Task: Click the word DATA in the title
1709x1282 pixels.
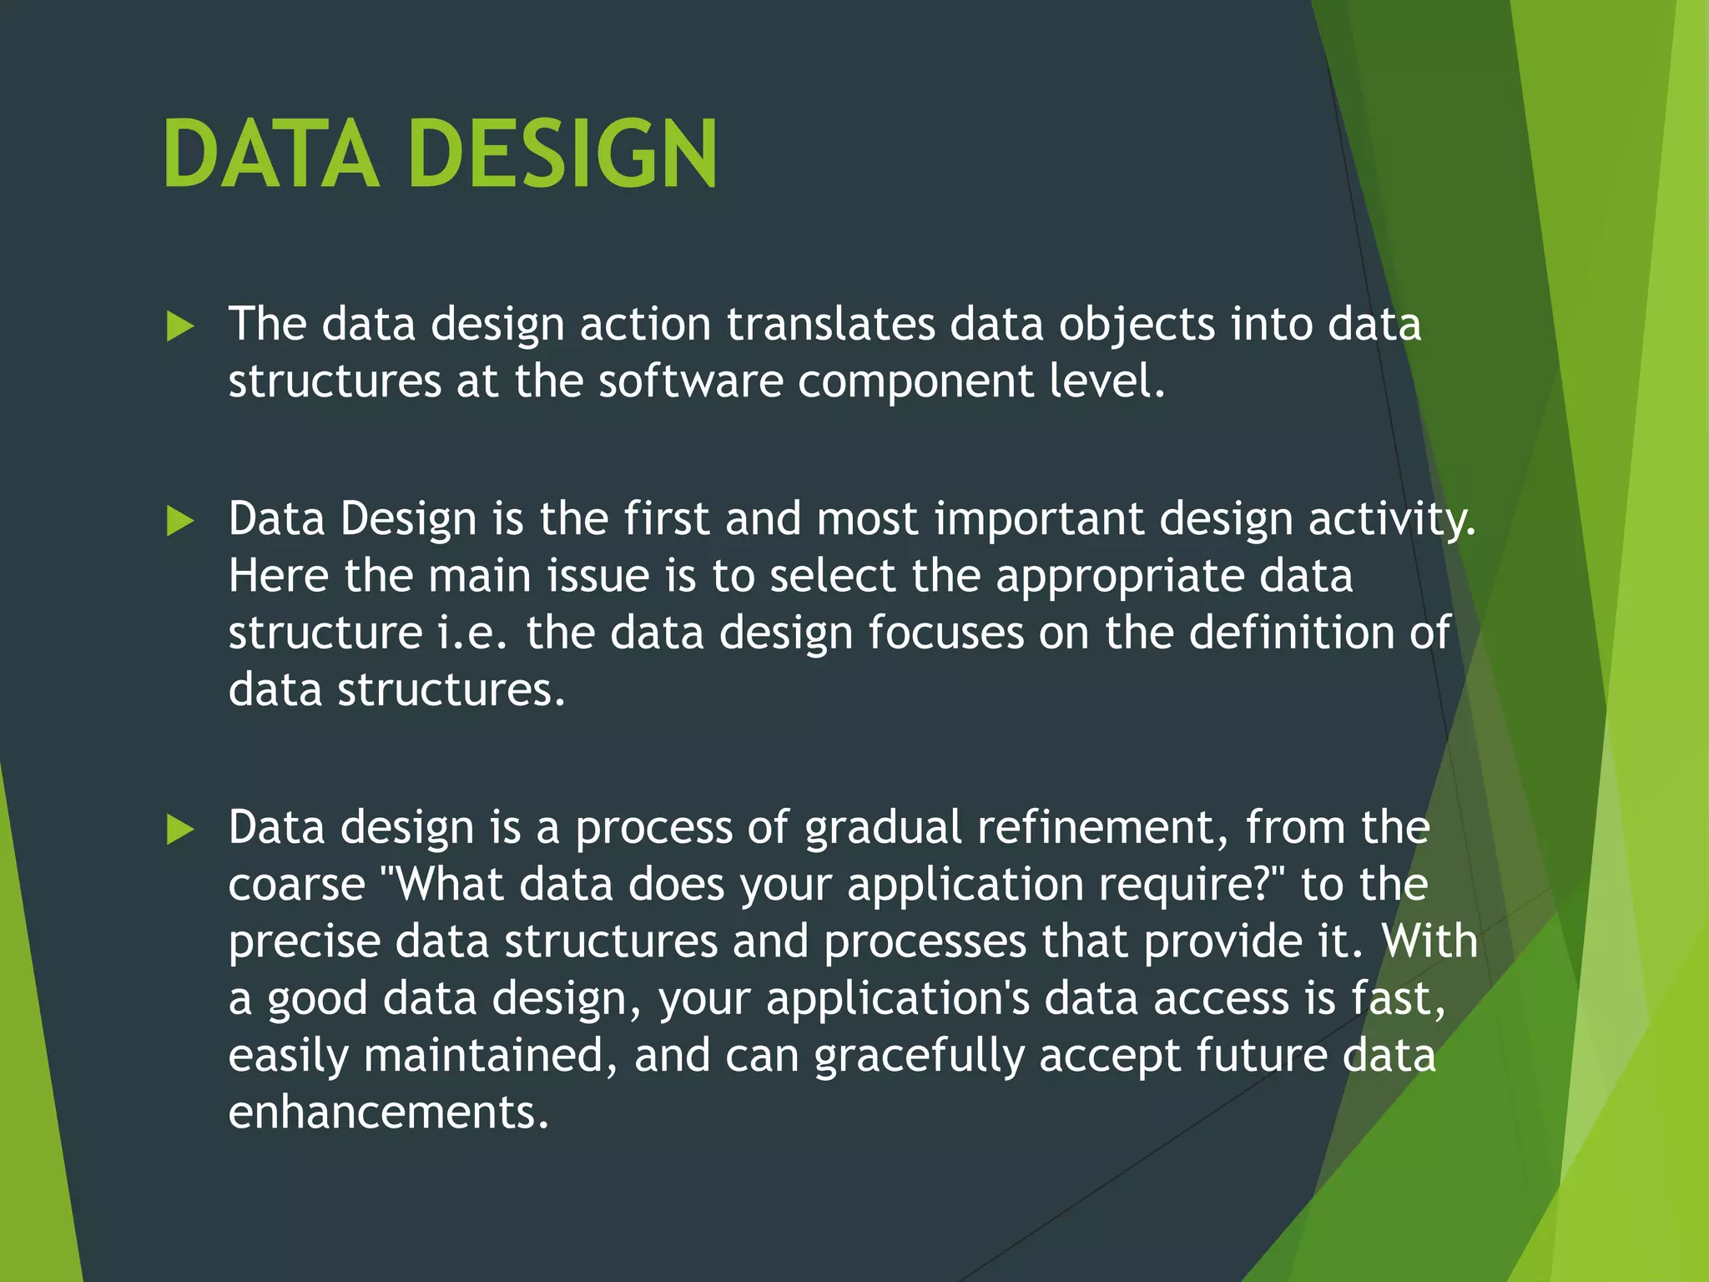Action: pos(272,154)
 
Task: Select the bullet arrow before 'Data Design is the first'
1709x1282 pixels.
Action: pos(179,522)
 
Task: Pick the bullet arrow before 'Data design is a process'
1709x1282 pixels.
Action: pos(179,830)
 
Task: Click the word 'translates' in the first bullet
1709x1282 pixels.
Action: pos(830,324)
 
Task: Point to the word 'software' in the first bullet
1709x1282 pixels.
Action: pos(691,381)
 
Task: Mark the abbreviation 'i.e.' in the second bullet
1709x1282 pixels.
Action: pos(472,633)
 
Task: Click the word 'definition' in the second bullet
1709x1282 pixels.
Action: pos(1292,633)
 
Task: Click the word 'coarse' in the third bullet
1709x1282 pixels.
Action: pos(297,886)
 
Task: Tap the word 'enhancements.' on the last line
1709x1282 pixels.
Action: pos(389,1113)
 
